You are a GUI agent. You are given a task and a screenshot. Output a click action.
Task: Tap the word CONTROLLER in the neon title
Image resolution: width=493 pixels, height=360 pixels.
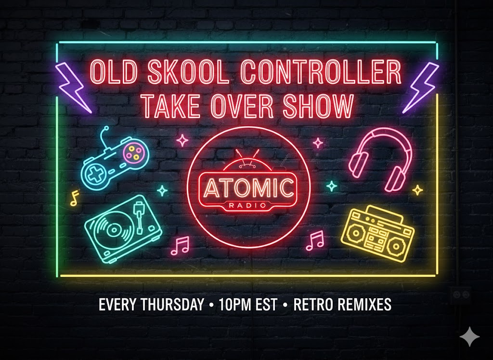pyautogui.click(x=321, y=72)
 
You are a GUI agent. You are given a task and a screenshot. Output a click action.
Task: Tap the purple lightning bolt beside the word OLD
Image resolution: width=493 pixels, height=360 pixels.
pyautogui.click(x=73, y=87)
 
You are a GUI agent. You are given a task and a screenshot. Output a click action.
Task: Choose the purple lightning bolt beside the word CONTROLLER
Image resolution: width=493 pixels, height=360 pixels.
pyautogui.click(x=420, y=87)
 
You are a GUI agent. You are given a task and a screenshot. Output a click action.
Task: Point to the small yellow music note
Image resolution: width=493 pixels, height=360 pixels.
pyautogui.click(x=75, y=198)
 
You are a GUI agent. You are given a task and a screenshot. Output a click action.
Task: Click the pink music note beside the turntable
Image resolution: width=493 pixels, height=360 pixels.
pyautogui.click(x=180, y=245)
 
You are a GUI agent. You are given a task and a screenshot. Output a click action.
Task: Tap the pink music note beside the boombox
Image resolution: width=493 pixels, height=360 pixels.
pyautogui.click(x=315, y=241)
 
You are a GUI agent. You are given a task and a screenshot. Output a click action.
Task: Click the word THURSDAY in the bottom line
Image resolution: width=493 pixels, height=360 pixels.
pyautogui.click(x=172, y=305)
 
